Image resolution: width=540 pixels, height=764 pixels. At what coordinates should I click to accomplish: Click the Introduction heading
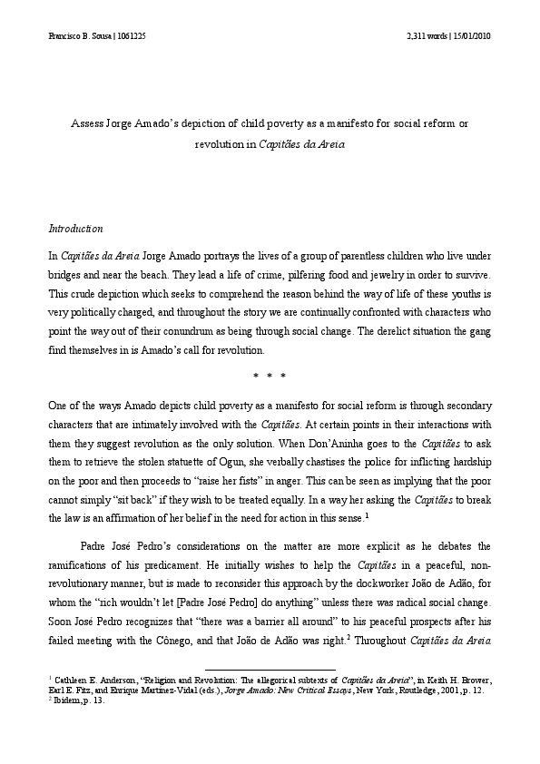click(75, 229)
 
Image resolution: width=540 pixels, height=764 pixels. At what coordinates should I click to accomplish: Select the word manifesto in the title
click(341, 122)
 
